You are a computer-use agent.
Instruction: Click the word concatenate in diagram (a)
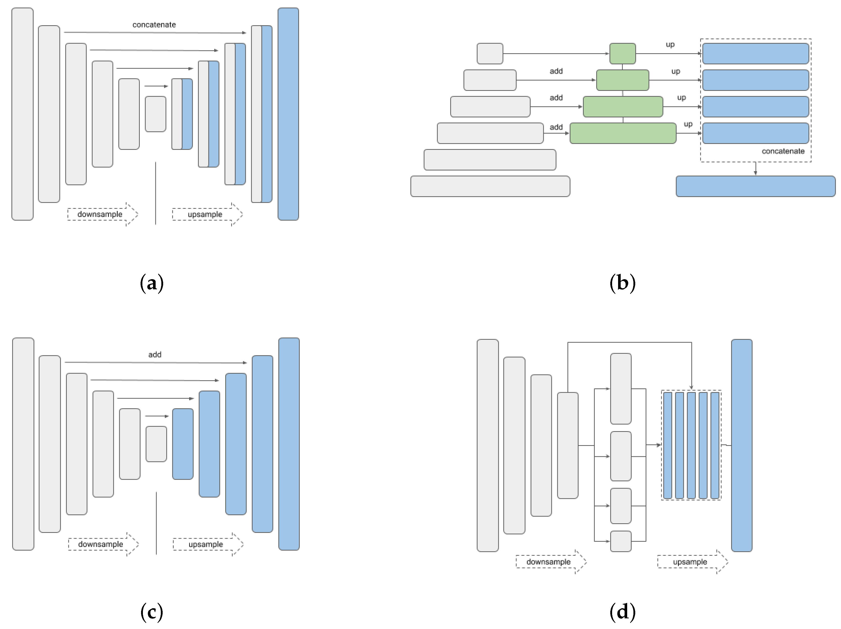click(x=154, y=25)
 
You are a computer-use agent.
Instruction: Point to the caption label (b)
click(x=623, y=283)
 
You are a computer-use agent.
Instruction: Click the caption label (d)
click(x=623, y=612)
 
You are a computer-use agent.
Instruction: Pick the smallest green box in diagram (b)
click(x=623, y=53)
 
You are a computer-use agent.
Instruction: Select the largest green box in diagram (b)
click(x=623, y=133)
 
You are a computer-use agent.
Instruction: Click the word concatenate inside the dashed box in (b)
click(x=783, y=151)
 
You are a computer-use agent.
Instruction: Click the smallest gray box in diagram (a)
click(x=156, y=114)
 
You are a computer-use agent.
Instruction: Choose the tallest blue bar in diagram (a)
click(x=288, y=114)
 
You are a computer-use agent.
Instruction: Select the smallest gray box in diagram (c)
click(x=156, y=444)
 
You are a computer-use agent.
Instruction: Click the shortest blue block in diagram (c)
click(x=183, y=444)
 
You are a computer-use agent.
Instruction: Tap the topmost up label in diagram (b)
click(x=670, y=44)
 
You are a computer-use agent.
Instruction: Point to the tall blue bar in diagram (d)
click(x=741, y=445)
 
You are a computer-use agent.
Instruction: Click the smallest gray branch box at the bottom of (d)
click(x=620, y=541)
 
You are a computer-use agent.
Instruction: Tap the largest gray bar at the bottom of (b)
click(x=490, y=186)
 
